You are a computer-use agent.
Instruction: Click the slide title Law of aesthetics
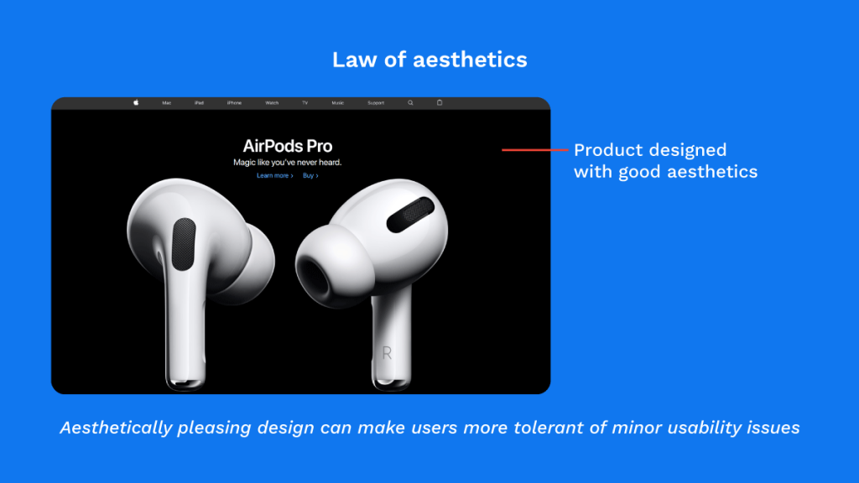click(429, 60)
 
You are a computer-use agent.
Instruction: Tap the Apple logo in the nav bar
click(136, 102)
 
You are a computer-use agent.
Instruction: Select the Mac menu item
click(167, 103)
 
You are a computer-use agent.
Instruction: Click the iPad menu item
click(199, 103)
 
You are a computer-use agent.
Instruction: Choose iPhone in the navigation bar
click(234, 103)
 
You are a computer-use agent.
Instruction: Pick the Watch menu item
click(272, 103)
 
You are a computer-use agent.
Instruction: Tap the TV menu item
click(305, 103)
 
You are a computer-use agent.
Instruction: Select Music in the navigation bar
click(337, 103)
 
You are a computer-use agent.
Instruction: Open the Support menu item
click(376, 103)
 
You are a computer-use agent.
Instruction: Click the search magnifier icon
click(410, 102)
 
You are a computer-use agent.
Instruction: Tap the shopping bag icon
click(440, 102)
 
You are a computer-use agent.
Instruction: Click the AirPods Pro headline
click(288, 146)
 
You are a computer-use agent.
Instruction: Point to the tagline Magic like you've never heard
click(288, 162)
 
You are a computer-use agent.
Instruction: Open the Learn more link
click(274, 176)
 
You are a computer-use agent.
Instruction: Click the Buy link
click(310, 176)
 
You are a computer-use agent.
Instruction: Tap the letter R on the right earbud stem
click(387, 353)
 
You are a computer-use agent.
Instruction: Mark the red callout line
click(534, 150)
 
